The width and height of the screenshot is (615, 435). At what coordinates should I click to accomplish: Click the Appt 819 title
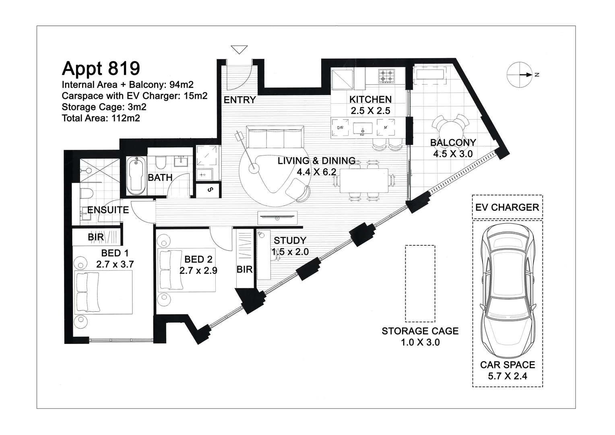click(101, 68)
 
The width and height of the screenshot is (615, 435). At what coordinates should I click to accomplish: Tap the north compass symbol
click(520, 75)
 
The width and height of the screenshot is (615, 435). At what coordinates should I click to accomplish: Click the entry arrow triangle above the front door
click(239, 50)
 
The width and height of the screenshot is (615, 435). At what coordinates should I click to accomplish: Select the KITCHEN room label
click(370, 99)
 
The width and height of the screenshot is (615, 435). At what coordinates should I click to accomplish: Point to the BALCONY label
click(453, 143)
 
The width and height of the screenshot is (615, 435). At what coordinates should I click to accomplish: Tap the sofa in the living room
click(275, 138)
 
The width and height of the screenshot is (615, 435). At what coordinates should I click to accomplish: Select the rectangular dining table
click(364, 181)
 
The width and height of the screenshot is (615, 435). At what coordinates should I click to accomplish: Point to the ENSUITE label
click(108, 210)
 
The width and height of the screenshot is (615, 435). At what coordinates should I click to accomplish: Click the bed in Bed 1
click(104, 292)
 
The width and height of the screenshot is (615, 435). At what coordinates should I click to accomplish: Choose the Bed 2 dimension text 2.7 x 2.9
click(198, 271)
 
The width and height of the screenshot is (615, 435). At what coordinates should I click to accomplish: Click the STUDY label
click(290, 240)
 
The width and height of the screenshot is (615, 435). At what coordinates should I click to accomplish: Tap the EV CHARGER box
click(507, 207)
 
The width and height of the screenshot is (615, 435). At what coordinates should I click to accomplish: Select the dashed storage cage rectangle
click(420, 284)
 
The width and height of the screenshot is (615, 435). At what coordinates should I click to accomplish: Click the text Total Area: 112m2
click(101, 118)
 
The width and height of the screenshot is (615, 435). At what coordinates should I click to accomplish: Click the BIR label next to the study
click(244, 269)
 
